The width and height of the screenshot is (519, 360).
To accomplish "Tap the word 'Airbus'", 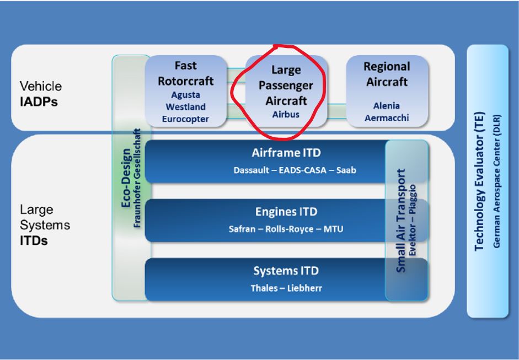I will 285,115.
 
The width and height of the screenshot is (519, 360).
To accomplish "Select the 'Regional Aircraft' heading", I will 387,74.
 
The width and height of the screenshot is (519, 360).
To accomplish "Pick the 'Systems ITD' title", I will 286,271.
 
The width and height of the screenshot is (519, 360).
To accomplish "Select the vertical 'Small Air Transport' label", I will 401,221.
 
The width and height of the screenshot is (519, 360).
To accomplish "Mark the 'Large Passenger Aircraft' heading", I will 285,86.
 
